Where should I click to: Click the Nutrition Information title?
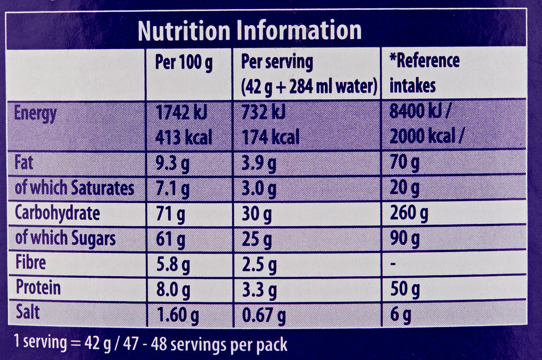249,31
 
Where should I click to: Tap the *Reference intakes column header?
424,73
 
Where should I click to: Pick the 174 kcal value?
270,137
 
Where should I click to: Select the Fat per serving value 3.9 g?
259,164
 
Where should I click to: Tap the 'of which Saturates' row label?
75,188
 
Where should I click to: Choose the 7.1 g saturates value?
172,189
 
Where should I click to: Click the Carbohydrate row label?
58,213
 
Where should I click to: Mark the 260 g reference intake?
409,213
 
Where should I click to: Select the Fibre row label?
31,263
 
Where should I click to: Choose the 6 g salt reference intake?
400,313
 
